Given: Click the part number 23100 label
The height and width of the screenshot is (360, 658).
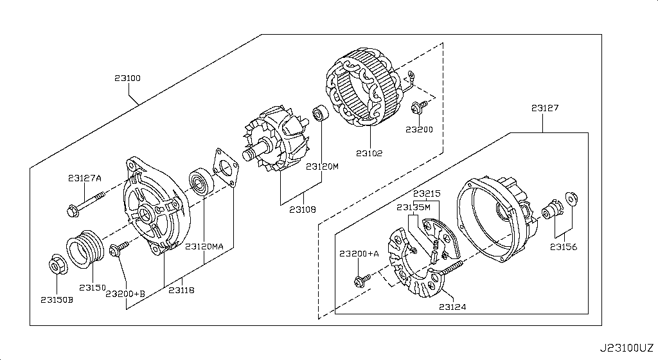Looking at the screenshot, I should [x=128, y=78].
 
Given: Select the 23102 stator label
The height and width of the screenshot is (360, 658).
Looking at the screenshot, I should [x=369, y=154].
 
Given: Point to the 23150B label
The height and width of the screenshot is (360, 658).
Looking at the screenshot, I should [x=57, y=300].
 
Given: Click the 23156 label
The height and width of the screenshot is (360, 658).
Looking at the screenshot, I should [x=563, y=246].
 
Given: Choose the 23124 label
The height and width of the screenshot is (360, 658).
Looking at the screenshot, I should [x=452, y=307].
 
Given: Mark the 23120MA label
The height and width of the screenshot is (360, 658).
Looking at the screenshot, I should [x=204, y=246].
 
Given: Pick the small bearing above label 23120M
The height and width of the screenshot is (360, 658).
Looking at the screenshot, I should [x=319, y=115].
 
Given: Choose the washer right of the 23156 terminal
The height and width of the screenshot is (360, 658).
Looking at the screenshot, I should [x=571, y=197].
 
